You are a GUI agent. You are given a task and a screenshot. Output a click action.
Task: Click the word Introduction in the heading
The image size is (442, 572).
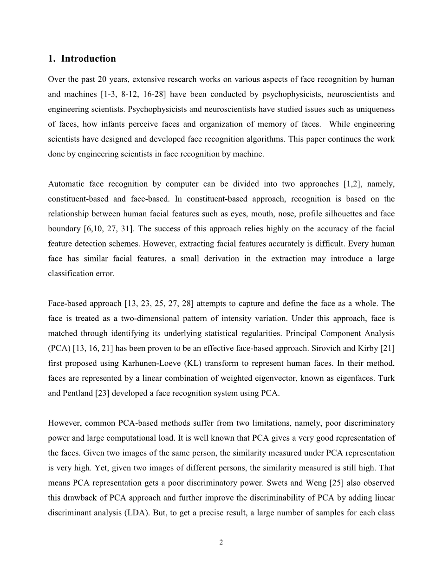(x=88, y=58)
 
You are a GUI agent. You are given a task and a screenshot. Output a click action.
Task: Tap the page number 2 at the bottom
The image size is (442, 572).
(x=221, y=542)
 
